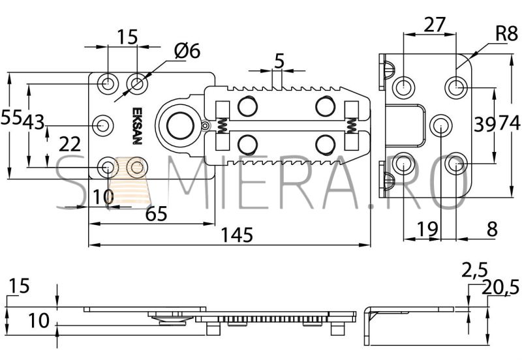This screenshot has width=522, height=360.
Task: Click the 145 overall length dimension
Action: [237, 235]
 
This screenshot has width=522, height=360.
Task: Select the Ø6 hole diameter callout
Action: [187, 51]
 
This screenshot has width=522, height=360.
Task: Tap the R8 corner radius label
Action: [507, 34]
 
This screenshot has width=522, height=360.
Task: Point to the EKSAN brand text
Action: [137, 125]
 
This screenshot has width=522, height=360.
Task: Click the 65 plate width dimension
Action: [156, 214]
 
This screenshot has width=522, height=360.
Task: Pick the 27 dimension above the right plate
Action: [435, 25]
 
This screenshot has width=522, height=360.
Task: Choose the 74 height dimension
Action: [510, 123]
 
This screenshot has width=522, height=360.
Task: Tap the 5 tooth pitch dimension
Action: [279, 61]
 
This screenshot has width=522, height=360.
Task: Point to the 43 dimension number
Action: [34, 122]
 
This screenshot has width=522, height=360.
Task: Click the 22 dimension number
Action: [70, 144]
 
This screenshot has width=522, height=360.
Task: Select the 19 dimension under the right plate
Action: [427, 229]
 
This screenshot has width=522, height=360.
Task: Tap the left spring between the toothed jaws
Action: [223, 125]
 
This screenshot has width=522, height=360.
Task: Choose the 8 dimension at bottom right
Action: [492, 230]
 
